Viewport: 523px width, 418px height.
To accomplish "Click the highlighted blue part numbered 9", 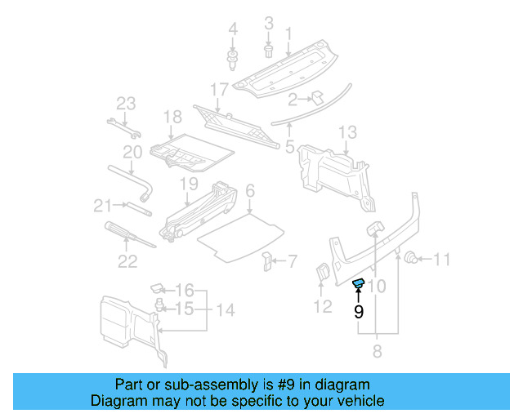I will pos(358,284).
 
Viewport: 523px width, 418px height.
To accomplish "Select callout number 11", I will pos(441,260).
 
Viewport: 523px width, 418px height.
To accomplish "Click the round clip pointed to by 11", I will pos(413,259).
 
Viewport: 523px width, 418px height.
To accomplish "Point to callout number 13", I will pos(347,132).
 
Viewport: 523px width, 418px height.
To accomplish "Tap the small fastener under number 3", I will pos(269,51).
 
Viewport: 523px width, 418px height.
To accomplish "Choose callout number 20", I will pos(132,152).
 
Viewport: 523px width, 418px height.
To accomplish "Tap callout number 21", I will pos(101,204).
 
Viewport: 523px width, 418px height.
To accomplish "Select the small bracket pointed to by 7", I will pos(267,261).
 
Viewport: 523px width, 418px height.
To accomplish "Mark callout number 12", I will pos(323,306).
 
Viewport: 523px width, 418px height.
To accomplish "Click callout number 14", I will pos(225,309).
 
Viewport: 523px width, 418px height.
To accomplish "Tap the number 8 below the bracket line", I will pos(376,352).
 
